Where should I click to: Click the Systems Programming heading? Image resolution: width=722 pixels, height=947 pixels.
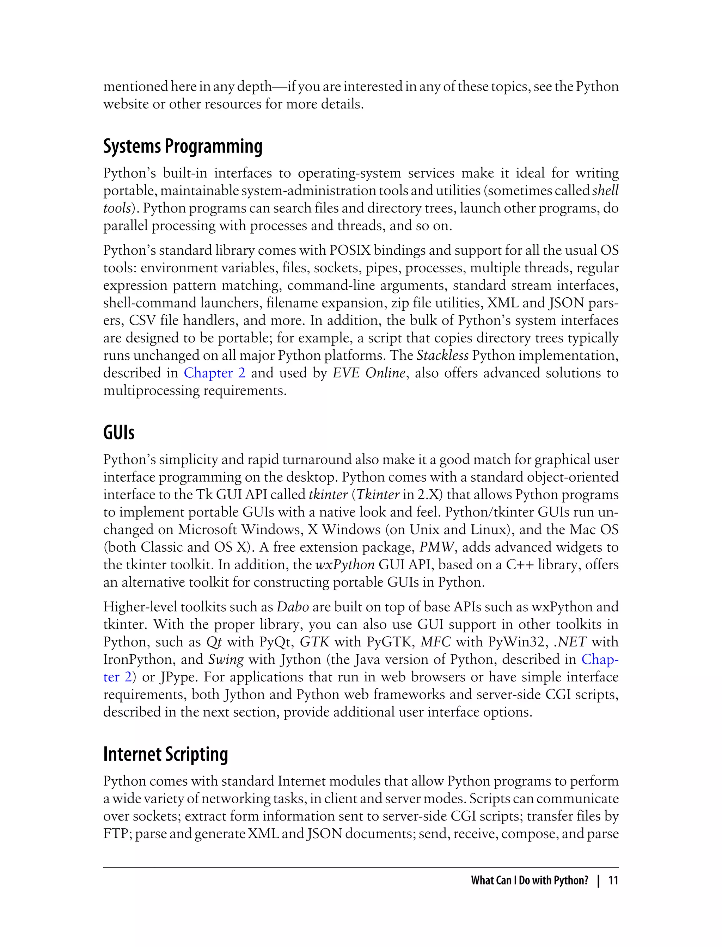[183, 147]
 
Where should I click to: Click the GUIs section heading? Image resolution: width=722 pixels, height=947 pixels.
[118, 433]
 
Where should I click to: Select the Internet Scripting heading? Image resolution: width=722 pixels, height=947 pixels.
[165, 754]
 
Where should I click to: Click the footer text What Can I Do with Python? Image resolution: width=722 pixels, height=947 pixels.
[529, 880]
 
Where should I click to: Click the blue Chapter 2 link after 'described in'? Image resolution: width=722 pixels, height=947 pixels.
[214, 373]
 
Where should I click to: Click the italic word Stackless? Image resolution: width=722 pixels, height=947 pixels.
[443, 355]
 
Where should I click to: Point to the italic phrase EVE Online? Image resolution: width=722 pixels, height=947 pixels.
[369, 373]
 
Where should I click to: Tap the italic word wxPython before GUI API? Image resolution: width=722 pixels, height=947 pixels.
[345, 565]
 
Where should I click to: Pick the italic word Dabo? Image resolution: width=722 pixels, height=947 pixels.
[293, 607]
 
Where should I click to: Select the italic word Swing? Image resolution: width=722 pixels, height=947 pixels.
[226, 659]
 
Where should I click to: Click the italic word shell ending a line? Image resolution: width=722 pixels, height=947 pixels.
[605, 190]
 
